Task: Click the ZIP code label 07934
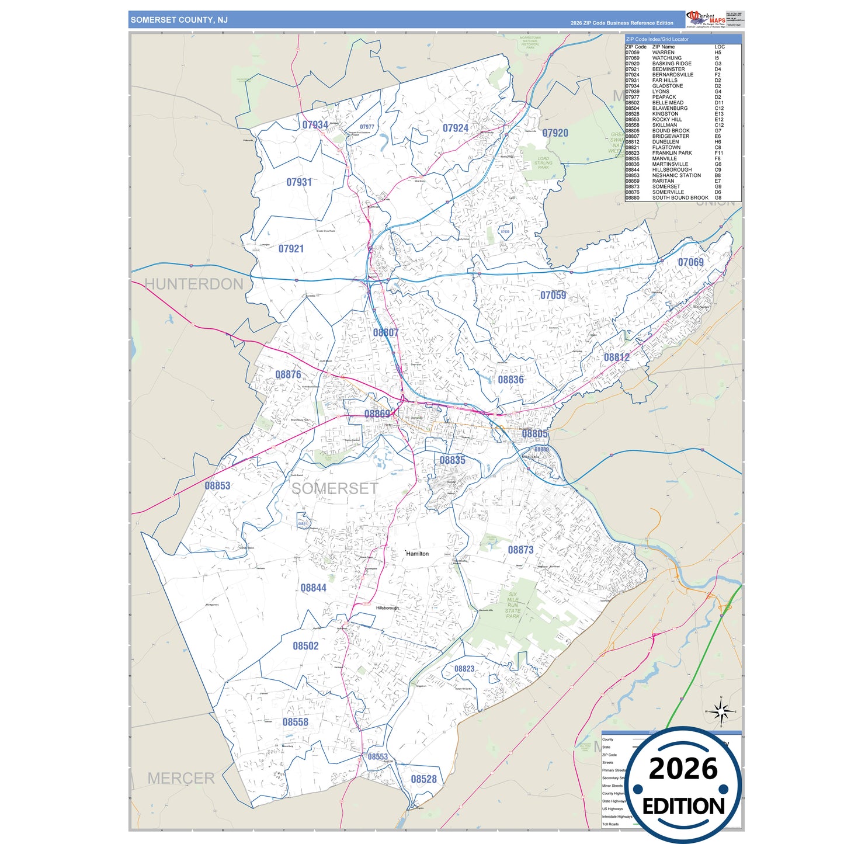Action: click(x=315, y=125)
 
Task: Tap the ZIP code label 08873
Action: click(x=520, y=550)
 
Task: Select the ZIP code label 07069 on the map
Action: click(x=690, y=262)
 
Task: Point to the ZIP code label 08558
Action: click(x=295, y=722)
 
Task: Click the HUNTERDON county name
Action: click(x=193, y=284)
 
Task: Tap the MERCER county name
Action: click(x=181, y=778)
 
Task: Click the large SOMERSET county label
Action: click(x=335, y=488)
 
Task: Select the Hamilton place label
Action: click(x=418, y=554)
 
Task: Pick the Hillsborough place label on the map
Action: click(x=387, y=608)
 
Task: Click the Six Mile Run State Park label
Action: click(x=512, y=605)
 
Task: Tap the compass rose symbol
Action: click(x=721, y=711)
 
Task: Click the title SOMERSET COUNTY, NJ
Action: click(x=179, y=20)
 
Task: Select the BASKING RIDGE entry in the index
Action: click(x=672, y=64)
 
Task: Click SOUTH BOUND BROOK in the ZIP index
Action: click(x=680, y=198)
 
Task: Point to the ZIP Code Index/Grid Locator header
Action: click(x=657, y=39)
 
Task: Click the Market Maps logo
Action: click(x=706, y=19)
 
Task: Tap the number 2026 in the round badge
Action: click(x=683, y=769)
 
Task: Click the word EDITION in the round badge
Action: click(x=683, y=807)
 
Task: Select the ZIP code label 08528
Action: click(x=423, y=779)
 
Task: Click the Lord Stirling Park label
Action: click(x=543, y=163)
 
